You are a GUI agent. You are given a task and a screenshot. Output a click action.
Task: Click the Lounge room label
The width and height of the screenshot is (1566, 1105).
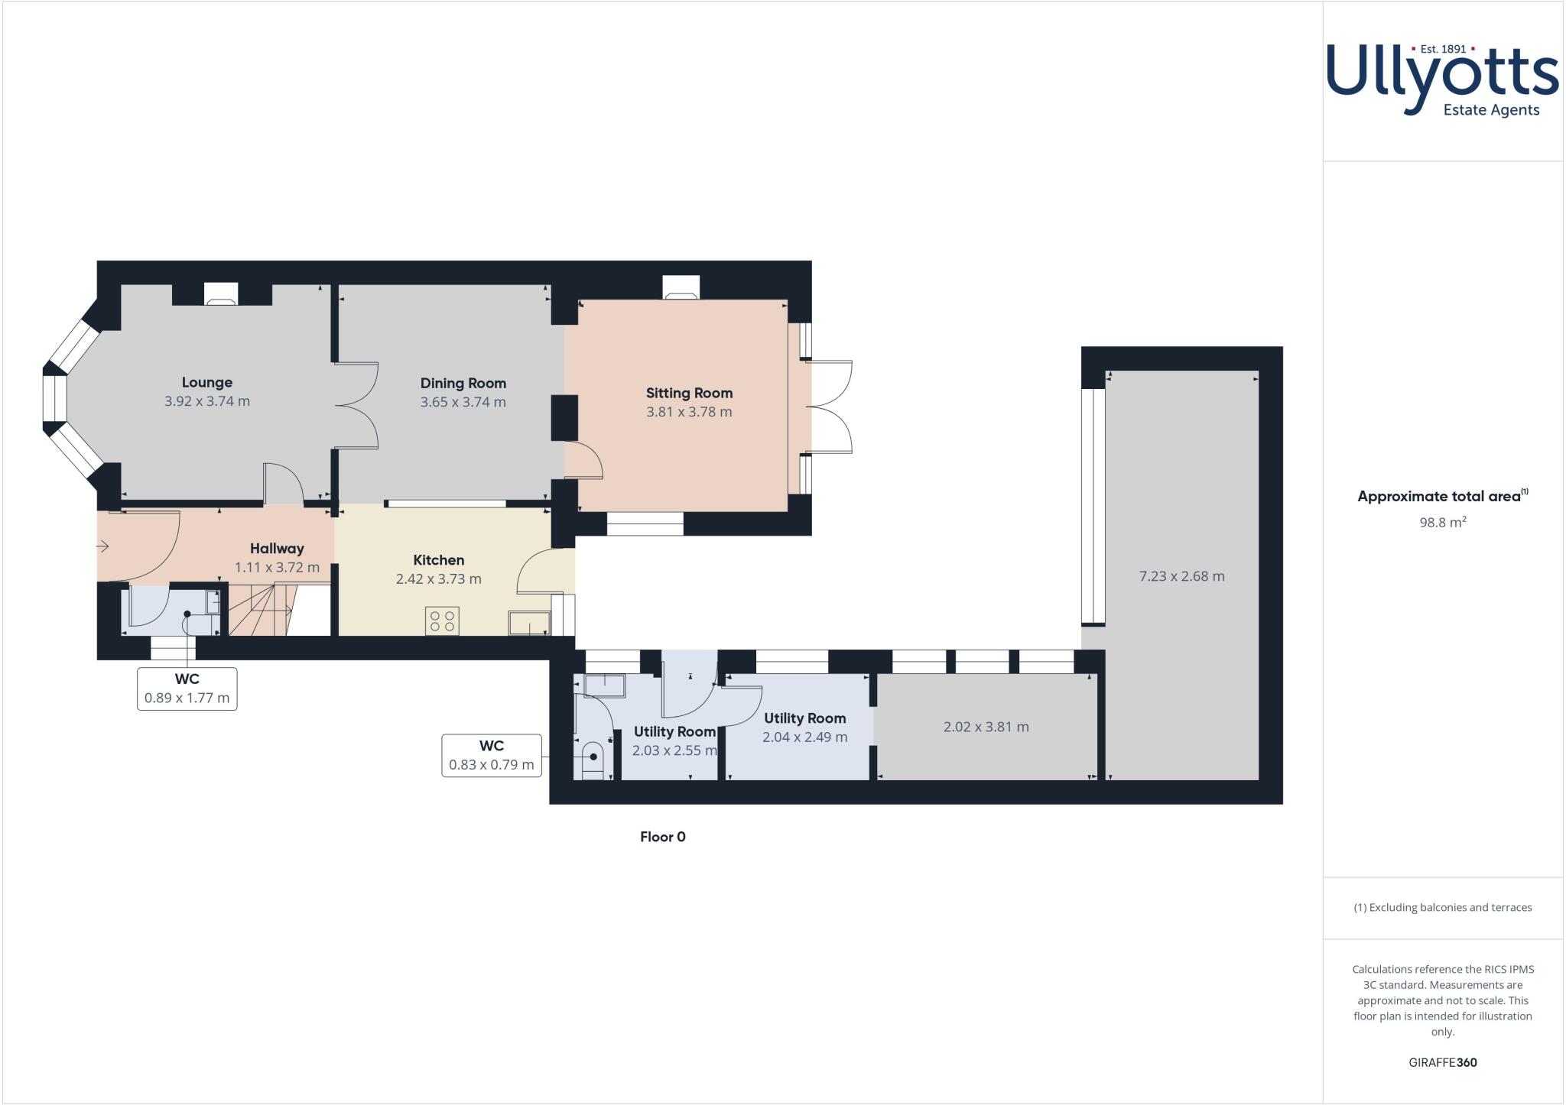206,382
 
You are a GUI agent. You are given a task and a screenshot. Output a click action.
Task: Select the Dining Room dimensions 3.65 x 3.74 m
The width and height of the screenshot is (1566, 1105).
463,402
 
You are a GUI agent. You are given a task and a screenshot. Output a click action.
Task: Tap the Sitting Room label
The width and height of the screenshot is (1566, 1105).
689,393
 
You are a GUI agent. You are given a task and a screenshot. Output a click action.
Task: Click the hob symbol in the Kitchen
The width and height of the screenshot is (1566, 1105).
442,621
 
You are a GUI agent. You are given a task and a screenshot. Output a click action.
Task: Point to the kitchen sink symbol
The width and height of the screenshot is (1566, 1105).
529,623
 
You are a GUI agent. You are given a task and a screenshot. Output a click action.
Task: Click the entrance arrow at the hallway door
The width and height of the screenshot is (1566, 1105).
103,546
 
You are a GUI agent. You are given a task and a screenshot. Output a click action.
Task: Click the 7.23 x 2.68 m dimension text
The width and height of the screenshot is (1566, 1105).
1181,576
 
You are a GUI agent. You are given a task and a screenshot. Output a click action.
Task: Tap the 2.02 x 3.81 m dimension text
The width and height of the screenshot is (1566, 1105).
986,727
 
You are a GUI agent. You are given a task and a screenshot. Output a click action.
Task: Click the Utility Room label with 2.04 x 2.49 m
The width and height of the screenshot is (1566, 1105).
804,718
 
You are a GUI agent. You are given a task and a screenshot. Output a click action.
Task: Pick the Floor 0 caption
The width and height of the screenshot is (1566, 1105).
662,837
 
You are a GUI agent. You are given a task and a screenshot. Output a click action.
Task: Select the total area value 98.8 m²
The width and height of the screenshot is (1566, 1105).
1442,523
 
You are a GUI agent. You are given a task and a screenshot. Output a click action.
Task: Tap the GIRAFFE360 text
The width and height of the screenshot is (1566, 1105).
1442,1062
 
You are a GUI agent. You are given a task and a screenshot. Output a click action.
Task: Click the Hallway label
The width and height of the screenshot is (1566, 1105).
277,548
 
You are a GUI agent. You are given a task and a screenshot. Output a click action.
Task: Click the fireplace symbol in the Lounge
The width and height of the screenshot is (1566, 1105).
222,295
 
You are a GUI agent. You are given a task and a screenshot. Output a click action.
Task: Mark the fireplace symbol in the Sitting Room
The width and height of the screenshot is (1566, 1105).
680,289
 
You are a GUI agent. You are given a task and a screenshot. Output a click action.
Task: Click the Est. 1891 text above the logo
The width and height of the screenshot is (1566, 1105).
1442,49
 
